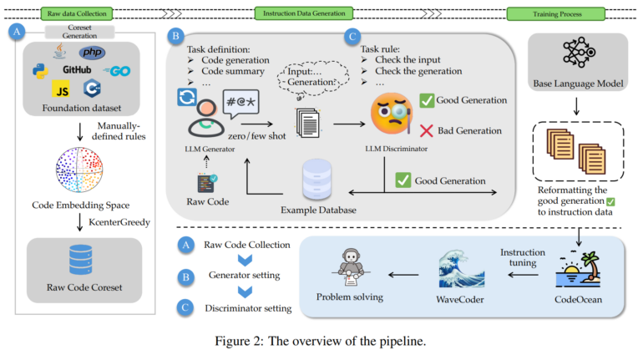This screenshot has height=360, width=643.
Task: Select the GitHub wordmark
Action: (x=74, y=69)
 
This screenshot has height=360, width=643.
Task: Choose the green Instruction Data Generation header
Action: (x=309, y=13)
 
